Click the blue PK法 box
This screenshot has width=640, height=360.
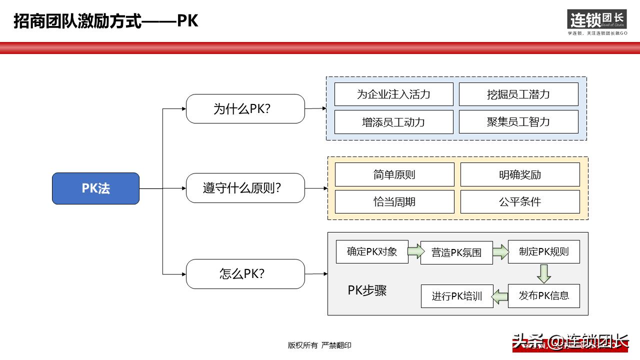[x=95, y=188]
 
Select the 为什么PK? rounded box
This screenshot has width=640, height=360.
[x=245, y=108]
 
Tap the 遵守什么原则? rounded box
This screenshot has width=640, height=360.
[x=245, y=188]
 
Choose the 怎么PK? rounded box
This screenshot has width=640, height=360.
[x=245, y=273]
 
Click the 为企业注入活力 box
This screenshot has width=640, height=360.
[x=393, y=94]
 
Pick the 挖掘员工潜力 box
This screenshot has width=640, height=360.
[x=518, y=94]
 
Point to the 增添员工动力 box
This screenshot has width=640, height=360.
[x=393, y=121]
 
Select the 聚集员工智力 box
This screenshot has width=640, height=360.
[x=518, y=121]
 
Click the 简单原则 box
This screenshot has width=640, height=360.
[x=394, y=174]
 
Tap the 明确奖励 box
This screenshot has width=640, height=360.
[x=520, y=174]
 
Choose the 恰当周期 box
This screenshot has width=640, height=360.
[x=394, y=201]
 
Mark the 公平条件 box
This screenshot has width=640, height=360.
[x=520, y=201]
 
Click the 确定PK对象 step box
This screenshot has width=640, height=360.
[x=371, y=251]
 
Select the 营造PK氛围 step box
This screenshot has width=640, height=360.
[x=456, y=252]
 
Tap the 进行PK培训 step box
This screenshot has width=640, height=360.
[x=457, y=296]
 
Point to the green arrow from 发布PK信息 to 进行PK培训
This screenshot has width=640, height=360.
[x=500, y=296]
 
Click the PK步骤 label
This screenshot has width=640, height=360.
[x=367, y=290]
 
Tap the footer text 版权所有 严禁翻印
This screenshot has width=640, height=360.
[x=319, y=345]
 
